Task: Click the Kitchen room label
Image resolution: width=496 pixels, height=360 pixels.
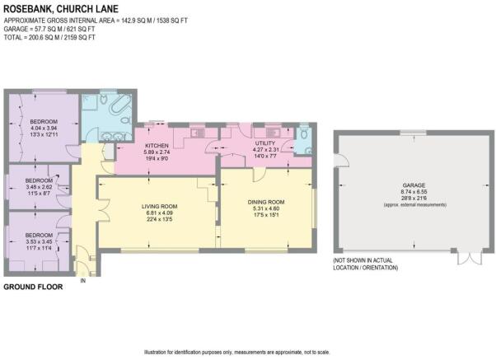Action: (157, 146)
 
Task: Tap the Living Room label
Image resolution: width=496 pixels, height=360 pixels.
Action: (159, 207)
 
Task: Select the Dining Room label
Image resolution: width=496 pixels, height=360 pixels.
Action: (266, 202)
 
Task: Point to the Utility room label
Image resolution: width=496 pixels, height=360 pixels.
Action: (265, 143)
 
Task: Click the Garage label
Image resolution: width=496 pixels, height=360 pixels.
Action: (414, 185)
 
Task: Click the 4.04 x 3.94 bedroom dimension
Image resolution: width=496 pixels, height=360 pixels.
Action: (44, 129)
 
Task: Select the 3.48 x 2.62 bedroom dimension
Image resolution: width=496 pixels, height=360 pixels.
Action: (39, 187)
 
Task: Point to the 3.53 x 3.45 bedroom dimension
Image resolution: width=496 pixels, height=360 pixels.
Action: (39, 241)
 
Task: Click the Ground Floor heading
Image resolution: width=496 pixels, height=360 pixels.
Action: (33, 287)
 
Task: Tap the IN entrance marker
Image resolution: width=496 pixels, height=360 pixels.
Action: (83, 281)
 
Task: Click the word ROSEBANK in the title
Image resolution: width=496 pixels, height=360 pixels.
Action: (28, 9)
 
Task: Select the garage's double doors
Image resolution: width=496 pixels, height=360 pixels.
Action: (470, 258)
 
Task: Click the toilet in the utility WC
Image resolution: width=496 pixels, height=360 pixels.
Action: (304, 133)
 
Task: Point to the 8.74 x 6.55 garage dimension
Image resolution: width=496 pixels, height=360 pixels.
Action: (414, 192)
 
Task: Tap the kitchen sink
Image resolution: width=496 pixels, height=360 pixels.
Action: (198, 133)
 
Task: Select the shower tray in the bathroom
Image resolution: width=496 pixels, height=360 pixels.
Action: (90, 102)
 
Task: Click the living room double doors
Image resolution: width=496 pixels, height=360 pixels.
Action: (104, 209)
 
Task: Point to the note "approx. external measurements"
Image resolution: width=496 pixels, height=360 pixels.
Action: (415, 205)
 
